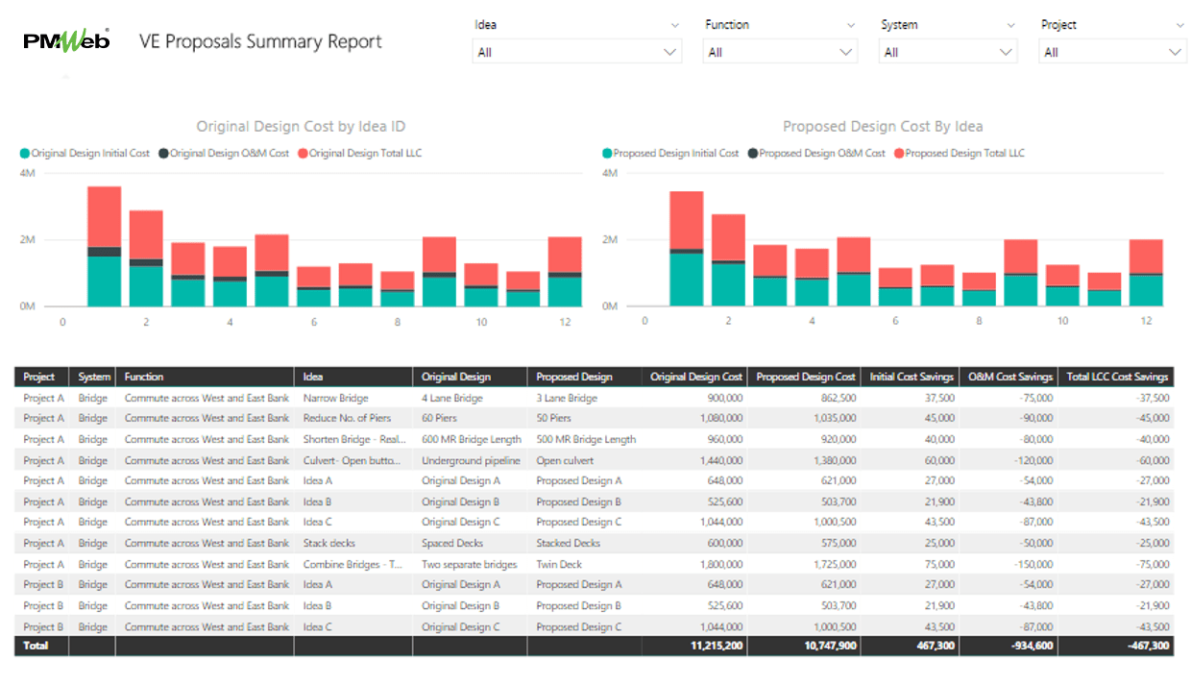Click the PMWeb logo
pos(66,41)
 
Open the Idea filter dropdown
pos(577,52)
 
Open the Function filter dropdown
pos(780,52)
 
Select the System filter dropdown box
pos(947,52)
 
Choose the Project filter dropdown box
pos(1113,52)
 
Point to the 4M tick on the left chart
pos(28,173)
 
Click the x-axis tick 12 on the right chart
pos(1146,321)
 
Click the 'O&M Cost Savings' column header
pos(1009,377)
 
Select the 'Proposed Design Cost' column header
pos(805,377)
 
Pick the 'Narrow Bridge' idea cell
pos(335,398)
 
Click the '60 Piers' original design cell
pos(441,418)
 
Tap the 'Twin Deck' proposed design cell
pos(559,565)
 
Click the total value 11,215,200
pos(717,646)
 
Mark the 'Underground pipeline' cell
pos(470,460)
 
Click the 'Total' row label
pos(36,646)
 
